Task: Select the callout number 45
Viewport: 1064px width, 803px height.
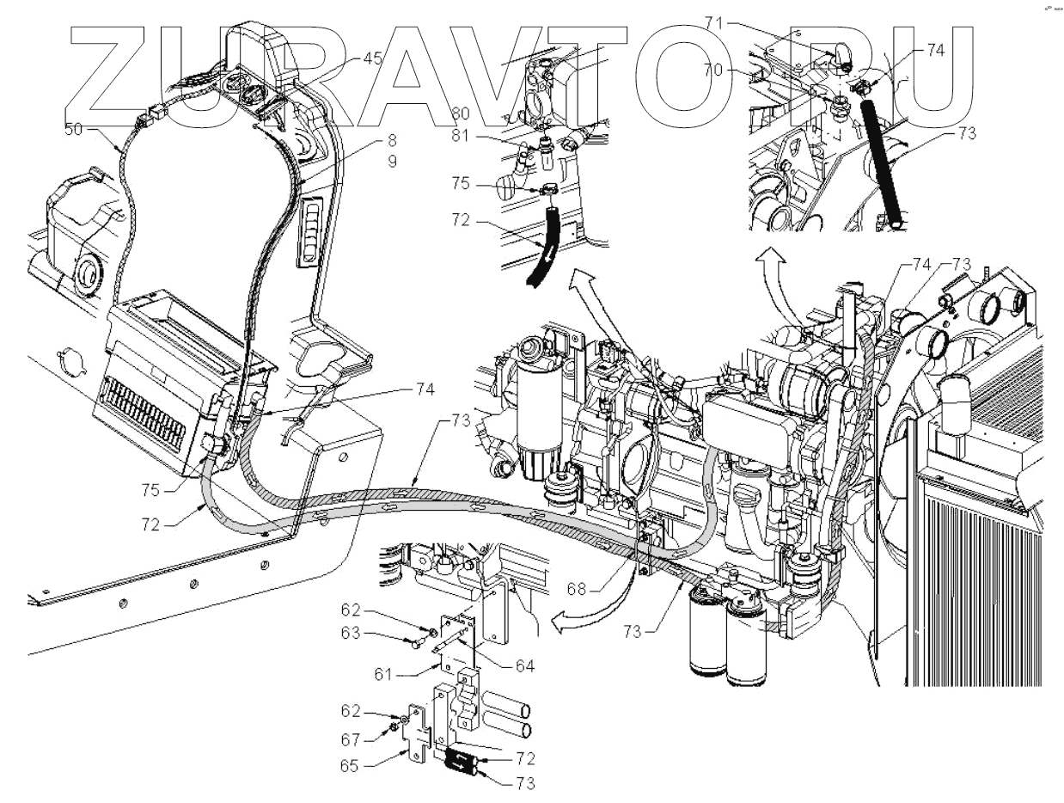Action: click(x=371, y=58)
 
